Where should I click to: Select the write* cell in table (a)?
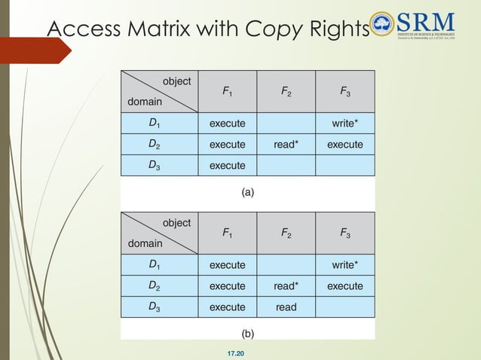[x=345, y=123]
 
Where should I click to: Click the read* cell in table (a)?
[x=286, y=144]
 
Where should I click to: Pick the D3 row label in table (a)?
[x=154, y=165]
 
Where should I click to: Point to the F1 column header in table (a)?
[x=227, y=91]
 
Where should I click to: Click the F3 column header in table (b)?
[x=345, y=233]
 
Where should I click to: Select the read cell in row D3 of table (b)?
[x=286, y=307]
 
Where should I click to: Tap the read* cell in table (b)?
[x=286, y=286]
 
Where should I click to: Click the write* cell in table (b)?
[x=345, y=265]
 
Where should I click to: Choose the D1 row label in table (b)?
[x=154, y=265]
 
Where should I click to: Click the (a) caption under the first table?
[x=247, y=192]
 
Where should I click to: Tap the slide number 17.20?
[x=246, y=352]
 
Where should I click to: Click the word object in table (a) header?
[x=176, y=81]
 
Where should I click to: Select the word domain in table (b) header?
[x=145, y=243]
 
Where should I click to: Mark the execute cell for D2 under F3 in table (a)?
[x=345, y=144]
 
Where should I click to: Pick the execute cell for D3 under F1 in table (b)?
[x=227, y=307]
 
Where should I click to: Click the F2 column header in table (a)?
[x=286, y=91]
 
